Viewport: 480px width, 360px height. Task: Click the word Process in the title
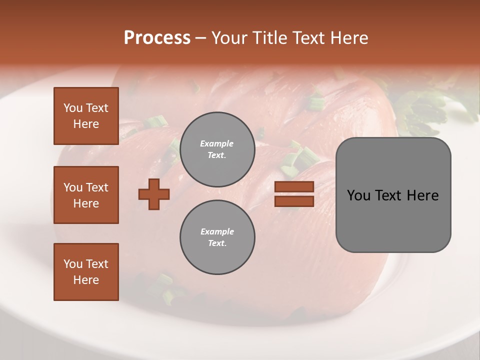click(x=157, y=38)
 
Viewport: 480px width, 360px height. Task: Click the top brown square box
click(x=86, y=116)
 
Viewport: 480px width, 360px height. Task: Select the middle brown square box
click(x=86, y=195)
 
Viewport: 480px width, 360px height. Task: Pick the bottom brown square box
click(x=86, y=272)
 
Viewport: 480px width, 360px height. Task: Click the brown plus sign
click(x=154, y=194)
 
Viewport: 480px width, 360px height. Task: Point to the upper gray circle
click(x=217, y=149)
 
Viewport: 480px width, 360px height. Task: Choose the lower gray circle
click(x=217, y=237)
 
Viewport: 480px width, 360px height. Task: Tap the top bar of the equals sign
click(x=294, y=187)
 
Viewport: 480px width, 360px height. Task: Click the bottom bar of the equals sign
click(x=294, y=201)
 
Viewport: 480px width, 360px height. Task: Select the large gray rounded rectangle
click(x=393, y=195)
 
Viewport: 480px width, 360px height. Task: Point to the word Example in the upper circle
click(x=217, y=143)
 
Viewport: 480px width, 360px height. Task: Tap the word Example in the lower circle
click(x=217, y=231)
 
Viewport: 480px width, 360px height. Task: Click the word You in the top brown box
click(x=73, y=108)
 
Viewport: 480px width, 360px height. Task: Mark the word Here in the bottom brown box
click(x=86, y=280)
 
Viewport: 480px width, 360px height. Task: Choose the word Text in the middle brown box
click(x=97, y=187)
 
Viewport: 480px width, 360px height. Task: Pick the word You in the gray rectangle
click(x=358, y=195)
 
